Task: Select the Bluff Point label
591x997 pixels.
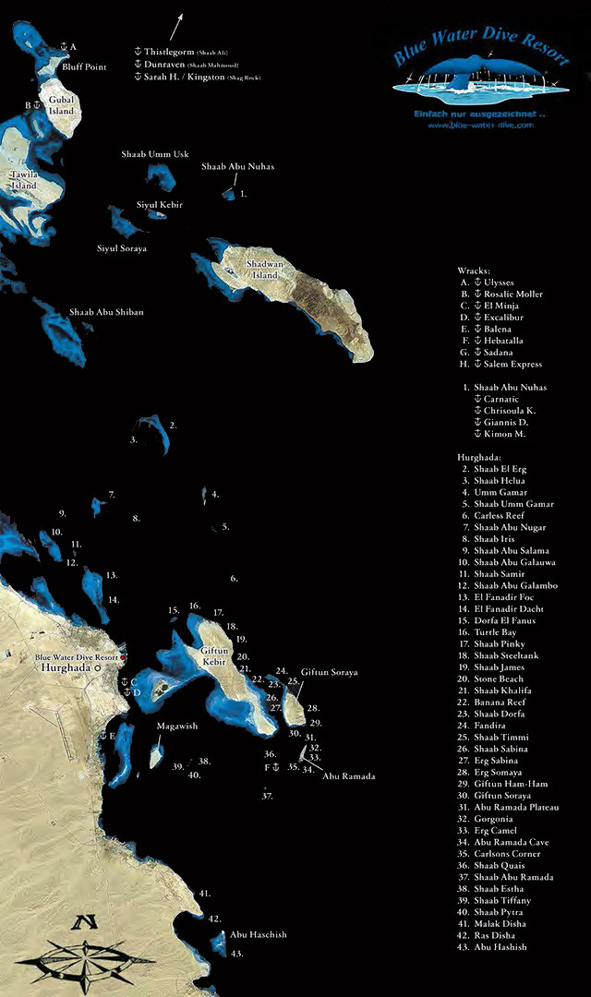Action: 84,67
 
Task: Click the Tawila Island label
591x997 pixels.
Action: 24,179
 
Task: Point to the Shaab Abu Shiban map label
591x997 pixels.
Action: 106,312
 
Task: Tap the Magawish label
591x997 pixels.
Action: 176,726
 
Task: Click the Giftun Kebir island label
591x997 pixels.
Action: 214,655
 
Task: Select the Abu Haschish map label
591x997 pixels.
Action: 259,934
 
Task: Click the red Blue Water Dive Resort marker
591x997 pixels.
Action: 123,656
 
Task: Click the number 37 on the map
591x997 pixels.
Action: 267,795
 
